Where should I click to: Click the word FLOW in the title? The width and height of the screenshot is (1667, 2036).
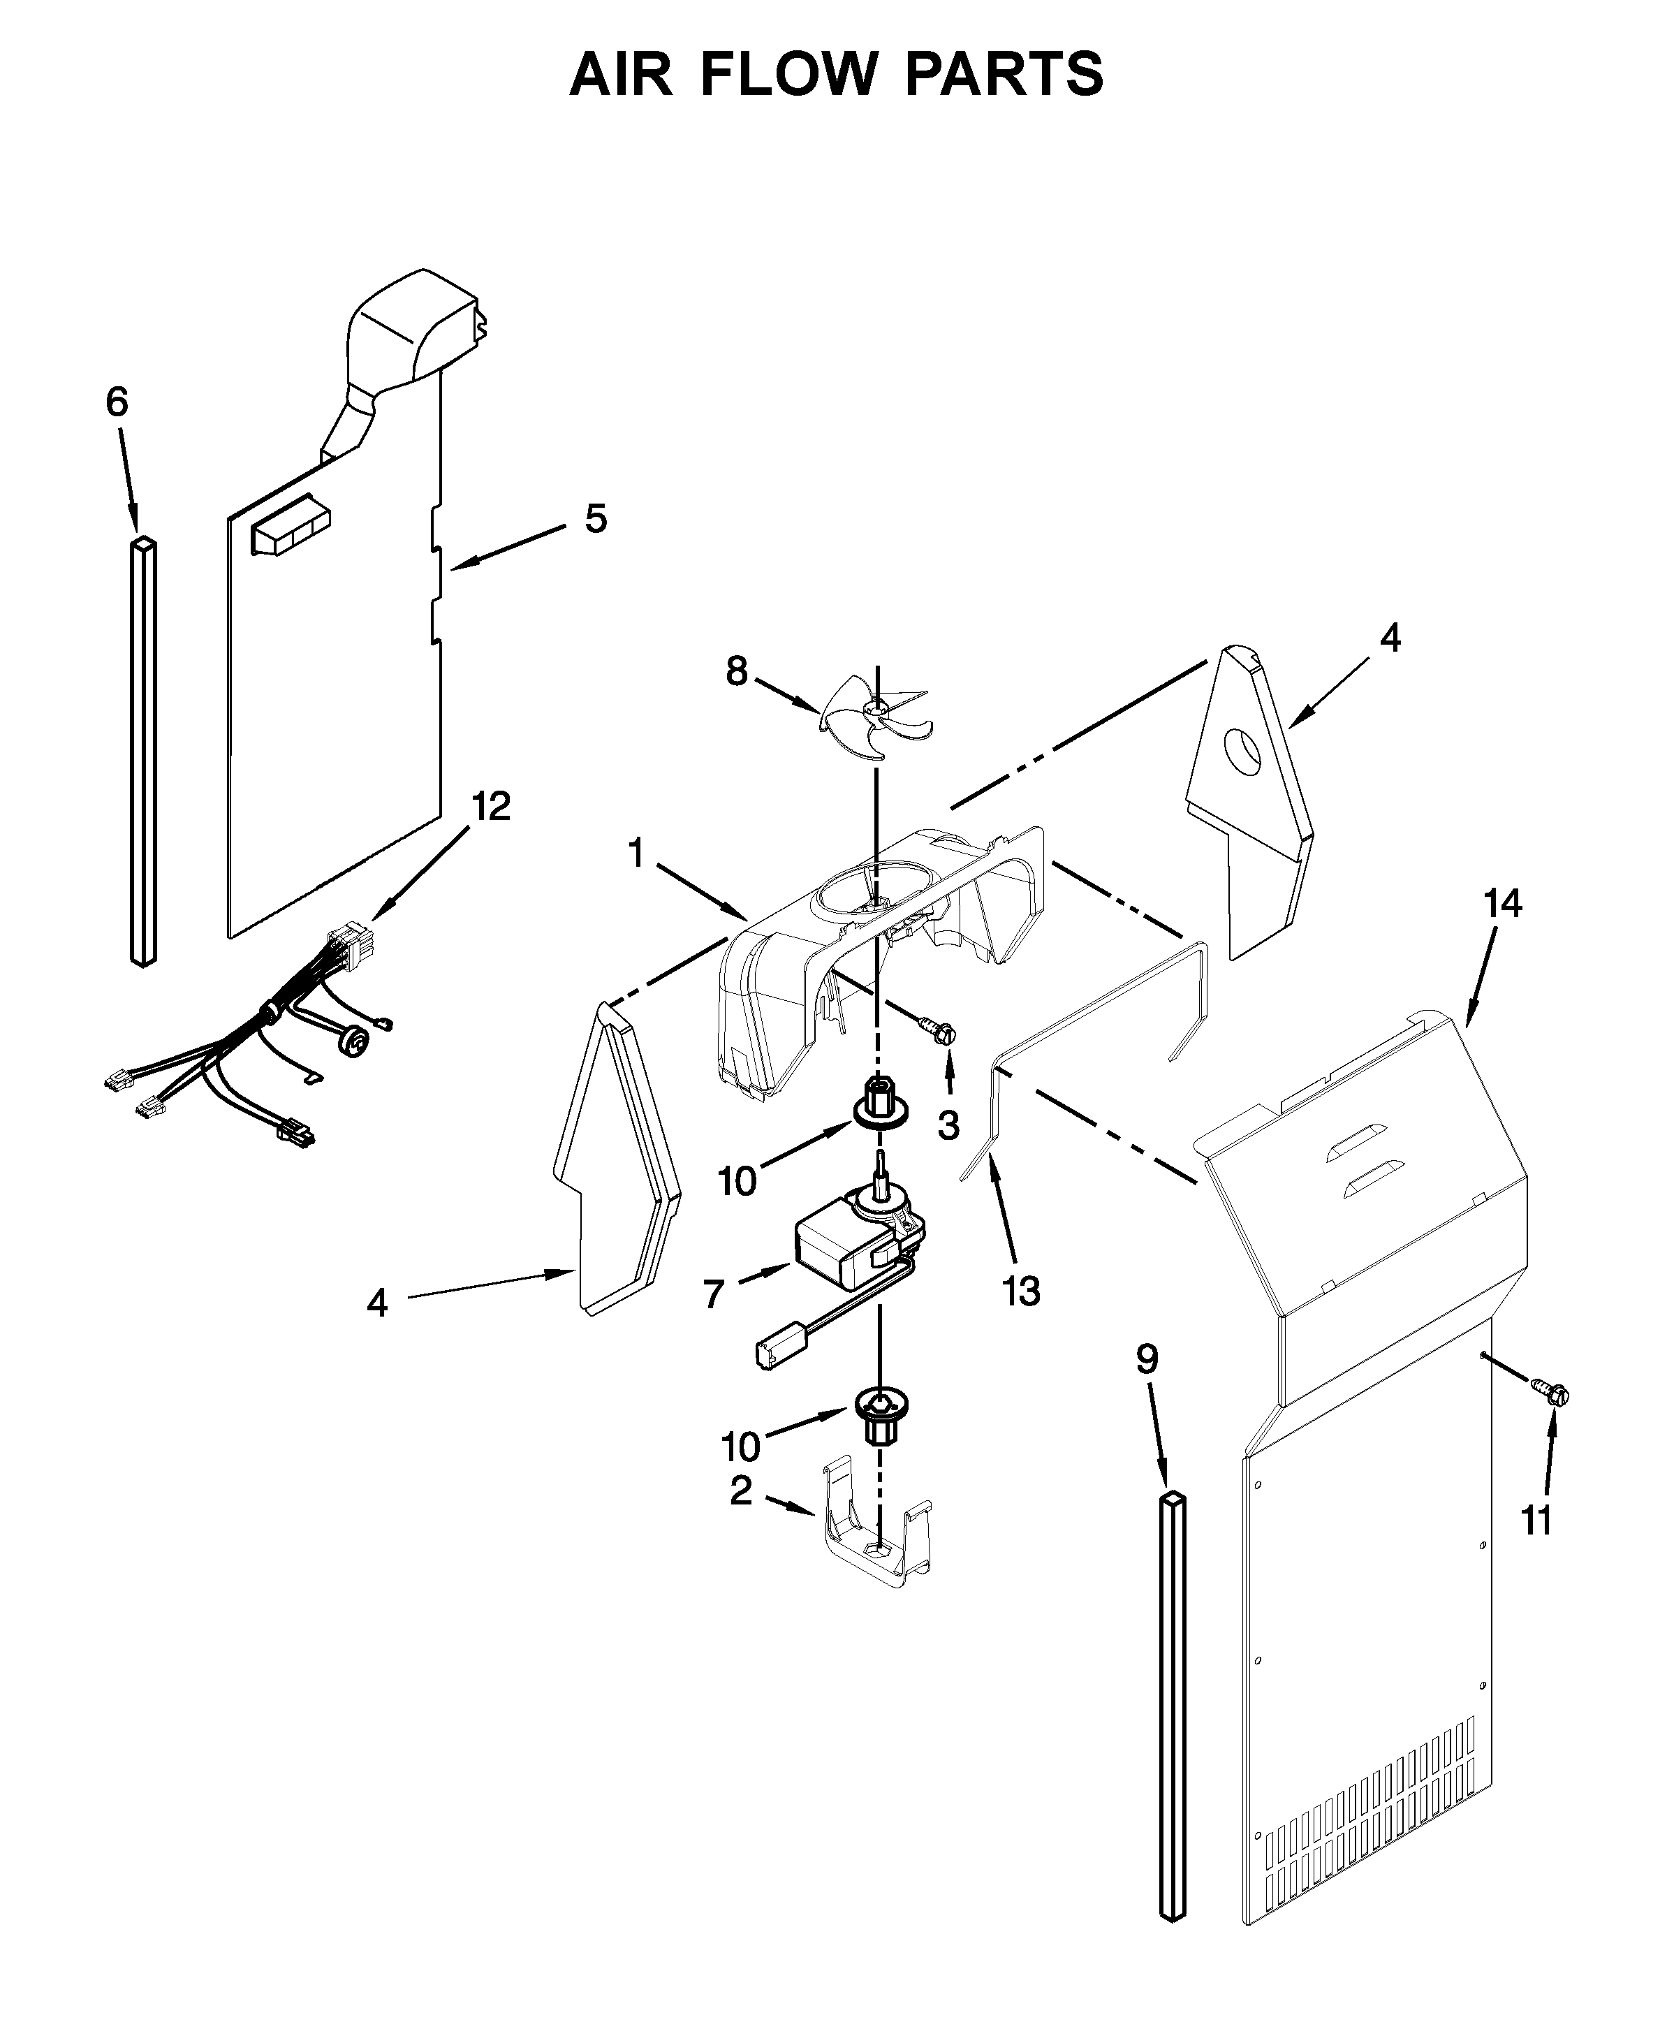click(788, 74)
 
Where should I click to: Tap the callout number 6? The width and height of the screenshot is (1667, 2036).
click(116, 402)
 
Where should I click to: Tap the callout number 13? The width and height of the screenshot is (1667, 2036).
click(1021, 1291)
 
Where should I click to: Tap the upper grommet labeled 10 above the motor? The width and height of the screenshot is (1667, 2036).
click(876, 1102)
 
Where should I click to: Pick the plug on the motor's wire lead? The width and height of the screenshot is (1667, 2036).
click(773, 1354)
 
